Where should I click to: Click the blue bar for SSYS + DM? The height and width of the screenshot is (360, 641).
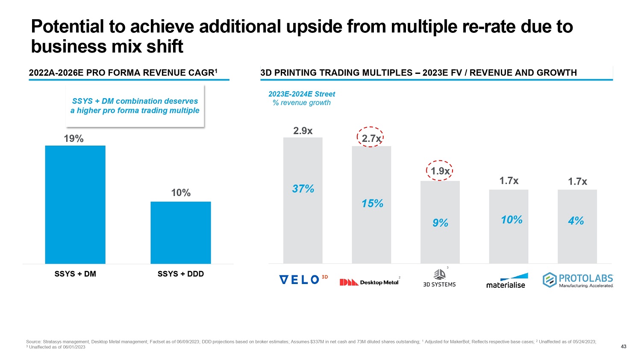tap(75, 205)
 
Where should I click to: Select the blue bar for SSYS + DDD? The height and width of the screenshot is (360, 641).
tap(181, 232)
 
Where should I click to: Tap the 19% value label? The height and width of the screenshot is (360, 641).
tap(74, 138)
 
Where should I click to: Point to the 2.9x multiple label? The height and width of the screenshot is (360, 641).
tap(303, 131)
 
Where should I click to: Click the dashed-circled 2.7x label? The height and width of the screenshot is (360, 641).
tap(371, 138)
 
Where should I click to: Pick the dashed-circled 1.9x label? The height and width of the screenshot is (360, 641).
tap(440, 171)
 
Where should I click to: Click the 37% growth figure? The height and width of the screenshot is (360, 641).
tap(303, 189)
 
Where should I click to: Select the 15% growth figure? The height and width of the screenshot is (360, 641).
tap(372, 204)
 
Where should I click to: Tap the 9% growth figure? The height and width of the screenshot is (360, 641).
tap(440, 223)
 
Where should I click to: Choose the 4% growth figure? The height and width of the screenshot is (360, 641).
tap(576, 221)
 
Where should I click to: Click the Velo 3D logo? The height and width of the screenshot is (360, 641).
tap(303, 280)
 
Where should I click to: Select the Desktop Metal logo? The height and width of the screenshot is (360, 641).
tap(369, 282)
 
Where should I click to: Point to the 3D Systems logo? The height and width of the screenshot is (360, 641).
tap(439, 278)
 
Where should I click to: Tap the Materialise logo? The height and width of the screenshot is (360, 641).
tap(507, 281)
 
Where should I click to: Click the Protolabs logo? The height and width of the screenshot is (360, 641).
tap(578, 280)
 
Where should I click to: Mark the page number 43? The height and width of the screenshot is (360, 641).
tap(623, 346)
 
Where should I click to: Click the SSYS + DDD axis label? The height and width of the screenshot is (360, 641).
tap(181, 274)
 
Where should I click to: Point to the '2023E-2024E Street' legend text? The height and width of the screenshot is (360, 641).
tap(302, 94)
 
